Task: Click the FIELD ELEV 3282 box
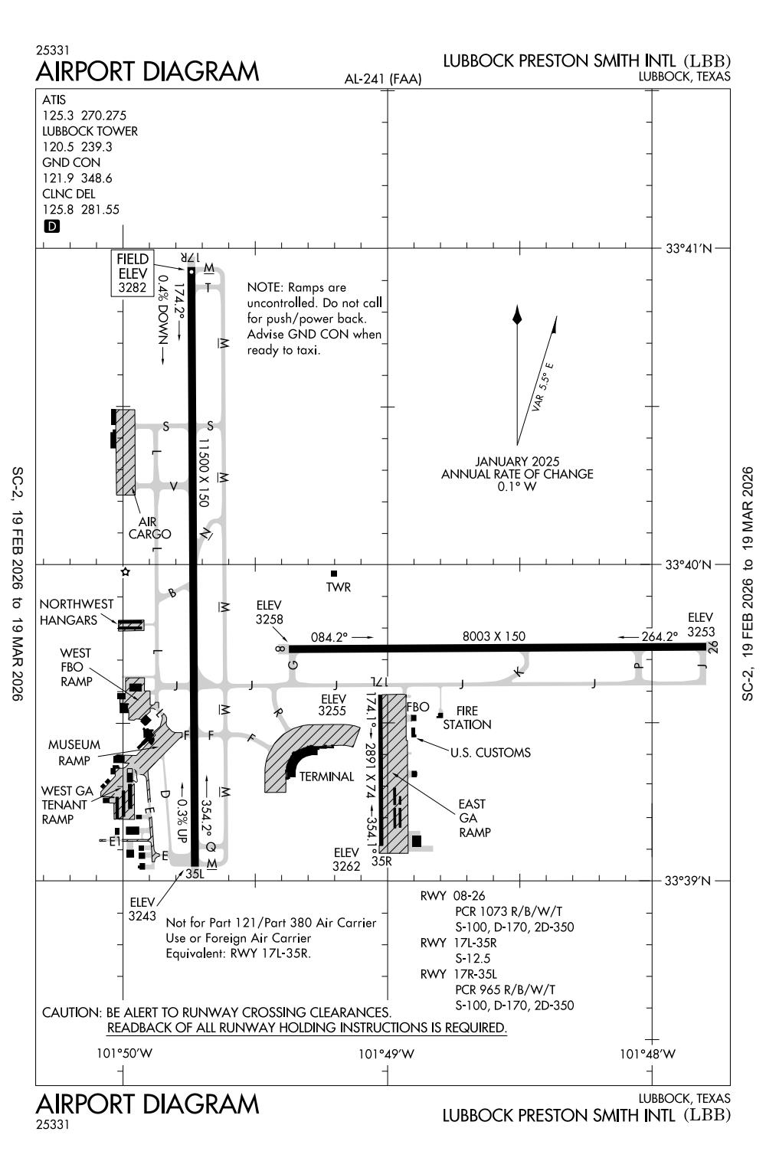click(x=133, y=273)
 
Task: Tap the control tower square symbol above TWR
click(x=333, y=574)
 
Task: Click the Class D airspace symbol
click(x=52, y=226)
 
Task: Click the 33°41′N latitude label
click(x=689, y=249)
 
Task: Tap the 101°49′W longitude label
click(x=386, y=1054)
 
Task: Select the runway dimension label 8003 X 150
click(x=494, y=636)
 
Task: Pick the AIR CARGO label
click(x=149, y=528)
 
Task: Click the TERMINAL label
click(x=326, y=777)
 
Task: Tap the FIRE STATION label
click(x=466, y=718)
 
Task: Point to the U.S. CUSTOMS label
click(x=490, y=753)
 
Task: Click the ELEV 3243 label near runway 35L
click(x=142, y=909)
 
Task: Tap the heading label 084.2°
click(x=329, y=636)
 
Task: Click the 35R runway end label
click(x=381, y=861)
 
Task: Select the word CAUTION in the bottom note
click(x=70, y=1012)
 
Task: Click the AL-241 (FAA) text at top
click(x=383, y=79)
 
